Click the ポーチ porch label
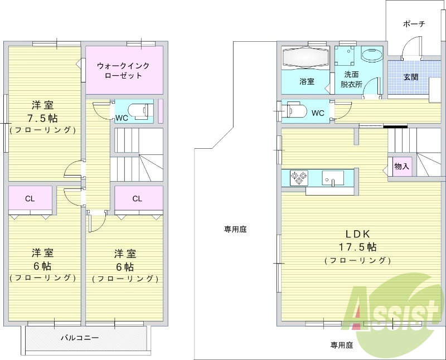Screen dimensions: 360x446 click(414, 24)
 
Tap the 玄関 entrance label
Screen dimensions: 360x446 click(411, 76)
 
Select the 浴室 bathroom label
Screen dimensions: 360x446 click(307, 81)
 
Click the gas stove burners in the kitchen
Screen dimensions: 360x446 click(299, 178)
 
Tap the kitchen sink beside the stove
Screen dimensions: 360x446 click(333, 178)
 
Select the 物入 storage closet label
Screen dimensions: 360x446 click(401, 166)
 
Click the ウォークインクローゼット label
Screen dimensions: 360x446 click(123, 70)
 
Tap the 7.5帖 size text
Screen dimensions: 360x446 click(43, 118)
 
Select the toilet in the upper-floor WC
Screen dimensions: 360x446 click(137, 109)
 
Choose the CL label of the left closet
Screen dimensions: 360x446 click(30, 198)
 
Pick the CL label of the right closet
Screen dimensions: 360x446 click(138, 198)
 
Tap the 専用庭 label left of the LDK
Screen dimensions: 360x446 click(236, 228)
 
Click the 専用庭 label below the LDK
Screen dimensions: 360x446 click(342, 345)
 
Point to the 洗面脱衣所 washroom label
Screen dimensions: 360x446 click(351, 79)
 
